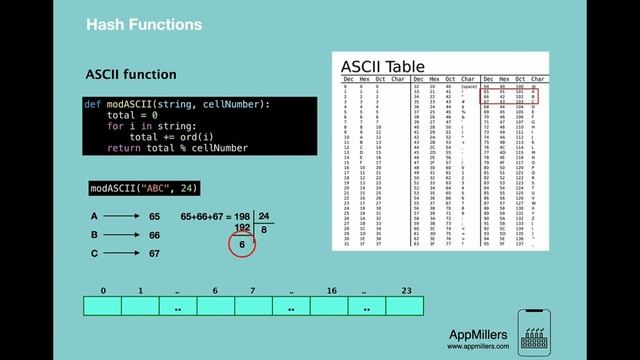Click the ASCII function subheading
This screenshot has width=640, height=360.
tap(130, 75)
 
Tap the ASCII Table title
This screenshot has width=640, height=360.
tap(384, 67)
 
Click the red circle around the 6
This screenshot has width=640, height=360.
tap(241, 244)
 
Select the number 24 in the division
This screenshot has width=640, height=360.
tap(264, 216)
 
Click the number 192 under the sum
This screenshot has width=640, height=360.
tap(241, 228)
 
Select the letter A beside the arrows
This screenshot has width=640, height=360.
tap(94, 216)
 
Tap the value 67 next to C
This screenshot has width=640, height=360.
tap(154, 254)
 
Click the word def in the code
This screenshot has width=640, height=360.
tap(92, 104)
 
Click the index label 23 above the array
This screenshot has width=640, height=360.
tap(404, 290)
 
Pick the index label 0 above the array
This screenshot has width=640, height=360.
tap(103, 290)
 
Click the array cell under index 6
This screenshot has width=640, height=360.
tap(215, 306)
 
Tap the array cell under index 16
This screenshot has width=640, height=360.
tap(329, 306)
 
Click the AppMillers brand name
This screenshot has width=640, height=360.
tap(477, 334)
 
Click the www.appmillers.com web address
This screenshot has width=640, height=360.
tap(478, 347)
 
